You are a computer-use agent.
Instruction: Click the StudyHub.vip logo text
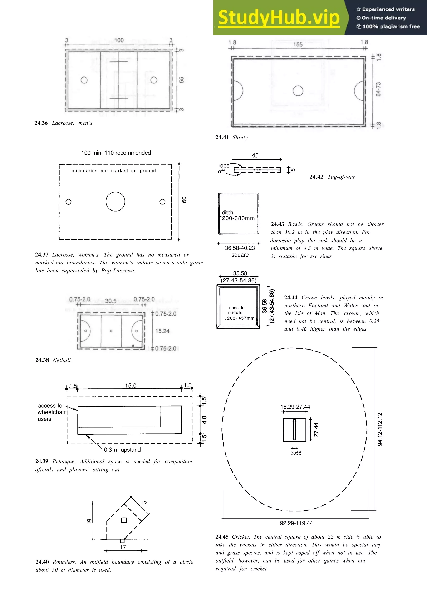pyautogui.click(x=279, y=18)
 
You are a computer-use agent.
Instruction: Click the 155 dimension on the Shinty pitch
pyautogui.click(x=298, y=45)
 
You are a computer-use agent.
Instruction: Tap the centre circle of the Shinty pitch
pyautogui.click(x=298, y=91)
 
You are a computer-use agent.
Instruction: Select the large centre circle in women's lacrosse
pyautogui.click(x=115, y=202)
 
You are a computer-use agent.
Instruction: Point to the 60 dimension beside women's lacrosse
pyautogui.click(x=184, y=200)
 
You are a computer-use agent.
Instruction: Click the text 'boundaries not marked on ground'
pyautogui.click(x=114, y=171)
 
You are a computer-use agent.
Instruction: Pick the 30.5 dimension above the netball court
pyautogui.click(x=111, y=301)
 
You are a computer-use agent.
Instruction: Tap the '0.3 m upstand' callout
pyautogui.click(x=122, y=450)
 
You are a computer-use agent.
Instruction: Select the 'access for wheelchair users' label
pyautogui.click(x=51, y=412)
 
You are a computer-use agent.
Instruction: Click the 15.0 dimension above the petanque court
pyautogui.click(x=131, y=386)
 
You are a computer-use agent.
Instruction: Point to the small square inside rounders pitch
pyautogui.click(x=124, y=520)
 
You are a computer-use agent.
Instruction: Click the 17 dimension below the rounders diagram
pyautogui.click(x=123, y=547)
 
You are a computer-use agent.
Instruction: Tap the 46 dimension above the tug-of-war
pyautogui.click(x=255, y=155)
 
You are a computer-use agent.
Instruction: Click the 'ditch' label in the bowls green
pyautogui.click(x=228, y=212)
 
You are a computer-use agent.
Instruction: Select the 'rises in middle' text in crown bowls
pyautogui.click(x=236, y=310)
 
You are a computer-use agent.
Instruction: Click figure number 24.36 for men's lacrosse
pyautogui.click(x=41, y=123)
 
